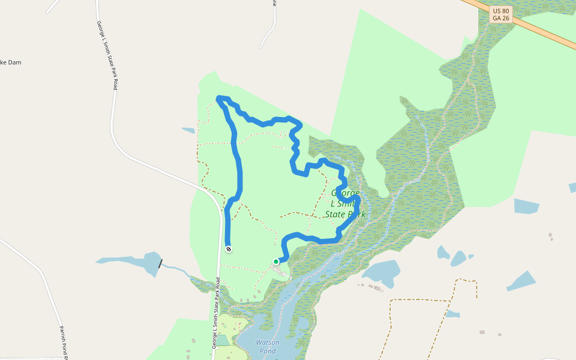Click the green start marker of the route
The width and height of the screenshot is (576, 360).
pos(276,262)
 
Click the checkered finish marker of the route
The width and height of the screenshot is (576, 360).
pos(229,249)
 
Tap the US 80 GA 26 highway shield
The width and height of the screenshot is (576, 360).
pos(501,14)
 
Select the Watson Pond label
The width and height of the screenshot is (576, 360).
pos(268,346)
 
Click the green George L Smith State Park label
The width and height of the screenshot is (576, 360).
pos(345,203)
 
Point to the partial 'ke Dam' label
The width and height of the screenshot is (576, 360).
pos(11,62)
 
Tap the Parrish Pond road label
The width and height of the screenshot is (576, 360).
pos(64,342)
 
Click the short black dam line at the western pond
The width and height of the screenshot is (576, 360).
pos(160,263)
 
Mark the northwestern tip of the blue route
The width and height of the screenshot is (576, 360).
pos(218,98)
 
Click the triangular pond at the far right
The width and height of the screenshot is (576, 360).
pos(523,280)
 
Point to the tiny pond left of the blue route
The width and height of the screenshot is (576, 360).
pos(188,130)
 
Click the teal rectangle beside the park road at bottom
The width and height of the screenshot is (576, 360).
pos(222,340)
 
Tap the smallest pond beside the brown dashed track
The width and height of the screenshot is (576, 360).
pos(452,314)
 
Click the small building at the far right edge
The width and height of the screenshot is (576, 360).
pos(550,235)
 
